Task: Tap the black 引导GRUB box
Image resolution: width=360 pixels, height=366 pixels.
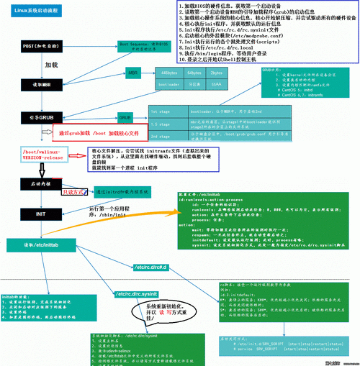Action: point(31,116)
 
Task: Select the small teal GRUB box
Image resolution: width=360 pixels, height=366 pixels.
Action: point(125,116)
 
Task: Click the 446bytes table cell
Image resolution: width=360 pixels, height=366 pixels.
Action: point(169,73)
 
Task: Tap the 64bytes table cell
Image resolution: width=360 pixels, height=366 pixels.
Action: point(194,73)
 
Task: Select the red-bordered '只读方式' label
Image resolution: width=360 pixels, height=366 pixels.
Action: point(75,192)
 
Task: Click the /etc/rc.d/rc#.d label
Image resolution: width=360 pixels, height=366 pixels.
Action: point(150,267)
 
